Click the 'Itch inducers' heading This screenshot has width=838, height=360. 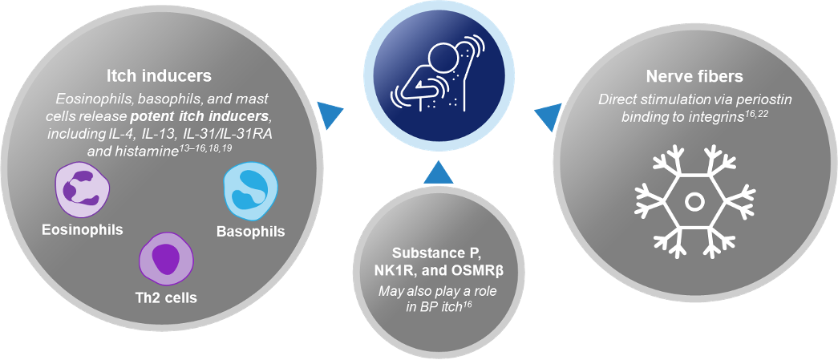coord(159,76)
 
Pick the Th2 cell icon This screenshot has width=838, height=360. coord(166,260)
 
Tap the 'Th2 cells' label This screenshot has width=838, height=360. coord(167,297)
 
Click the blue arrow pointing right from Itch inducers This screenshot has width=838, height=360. coord(329,115)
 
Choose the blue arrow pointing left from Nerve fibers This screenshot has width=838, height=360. coord(546,115)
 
